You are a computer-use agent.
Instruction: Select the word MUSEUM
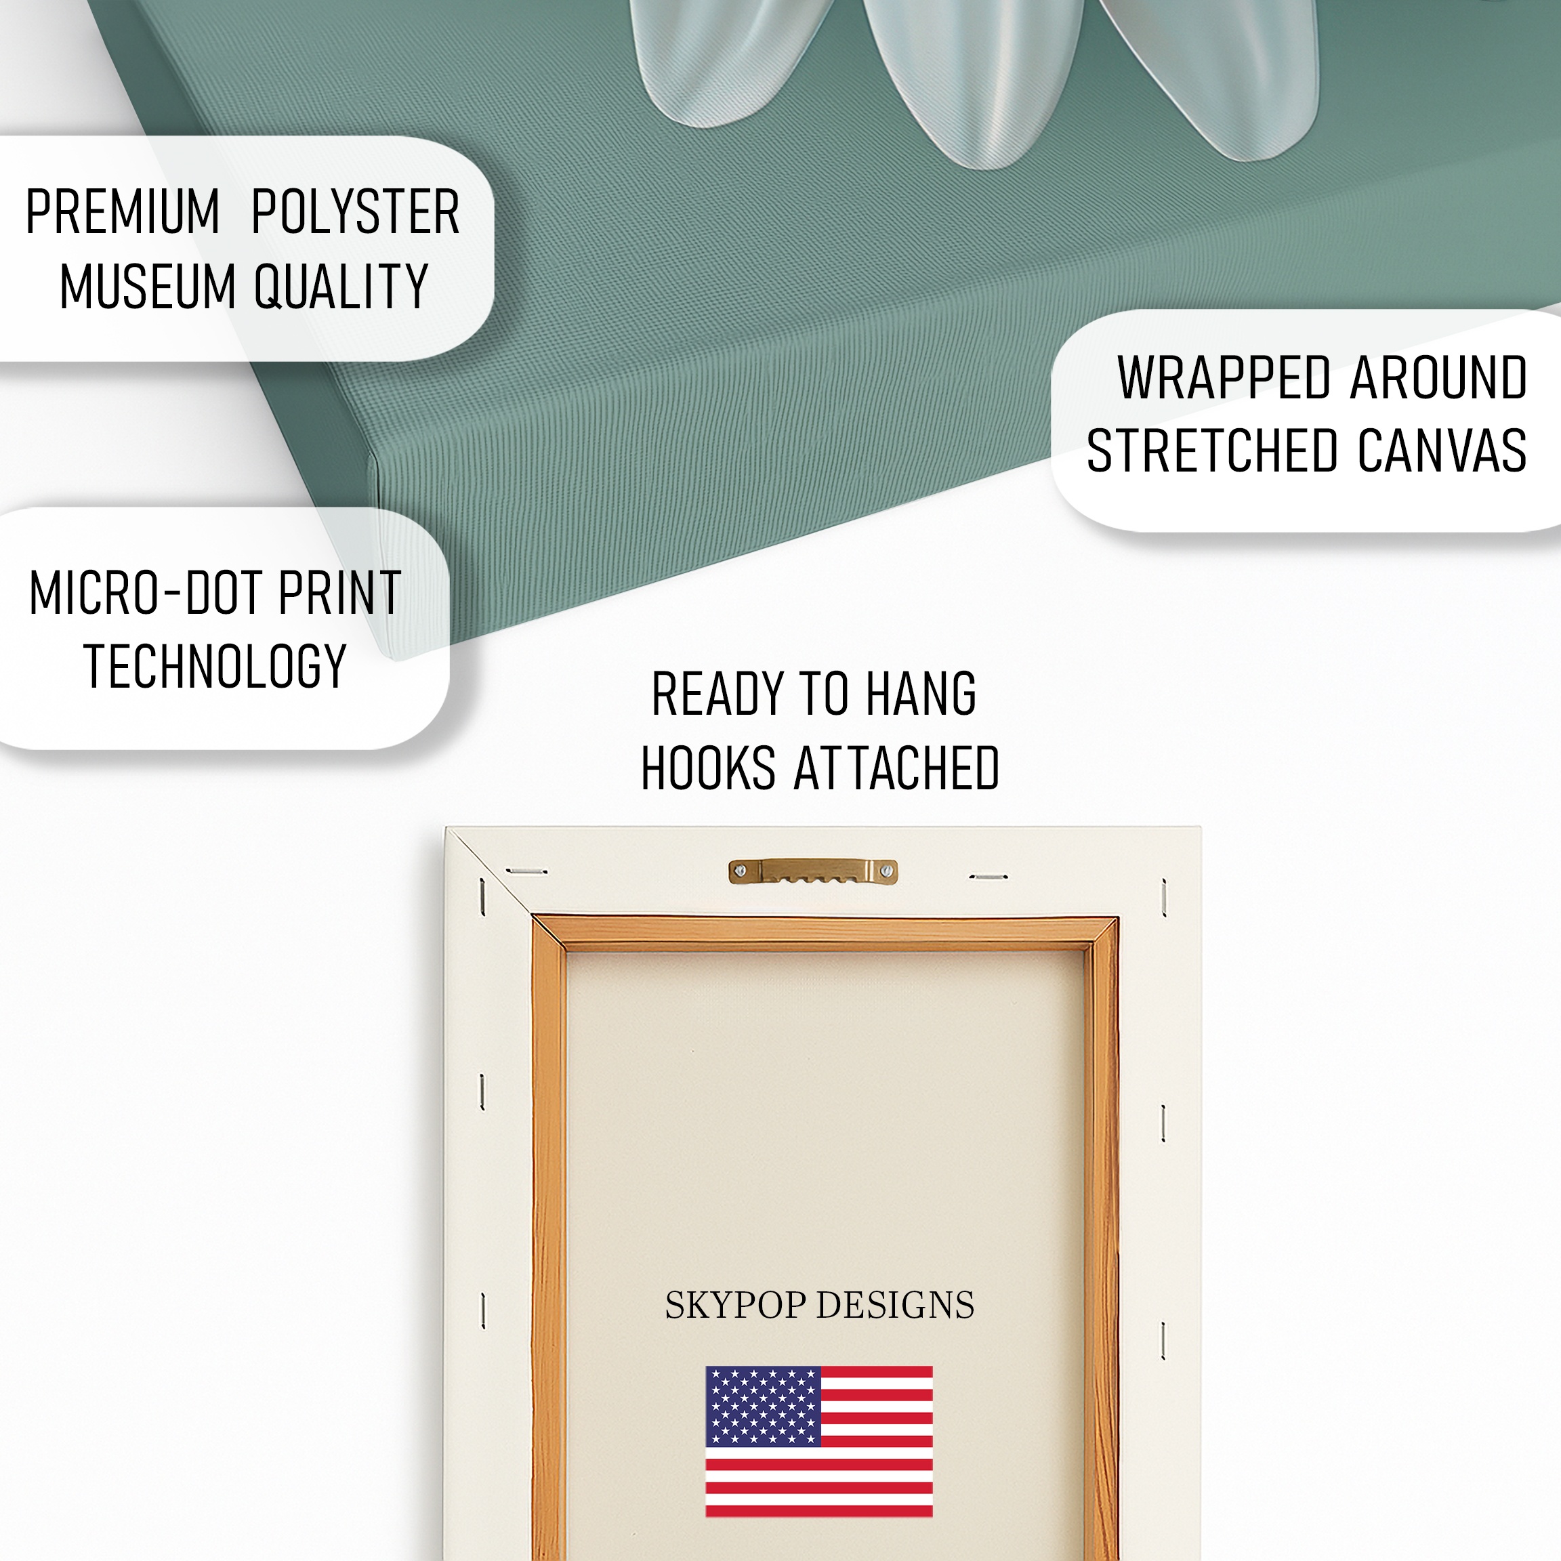click(x=147, y=286)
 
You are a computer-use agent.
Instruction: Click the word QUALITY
click(x=341, y=287)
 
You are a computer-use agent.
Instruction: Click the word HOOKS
click(x=709, y=768)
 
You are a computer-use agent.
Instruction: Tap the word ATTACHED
click(x=898, y=768)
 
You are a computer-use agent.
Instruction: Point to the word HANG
click(x=921, y=693)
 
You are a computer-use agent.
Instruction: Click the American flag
click(x=819, y=1442)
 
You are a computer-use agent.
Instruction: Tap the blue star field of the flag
click(x=763, y=1407)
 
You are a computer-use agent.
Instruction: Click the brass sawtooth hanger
click(x=813, y=871)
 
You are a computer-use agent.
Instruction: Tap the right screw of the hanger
click(x=887, y=871)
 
